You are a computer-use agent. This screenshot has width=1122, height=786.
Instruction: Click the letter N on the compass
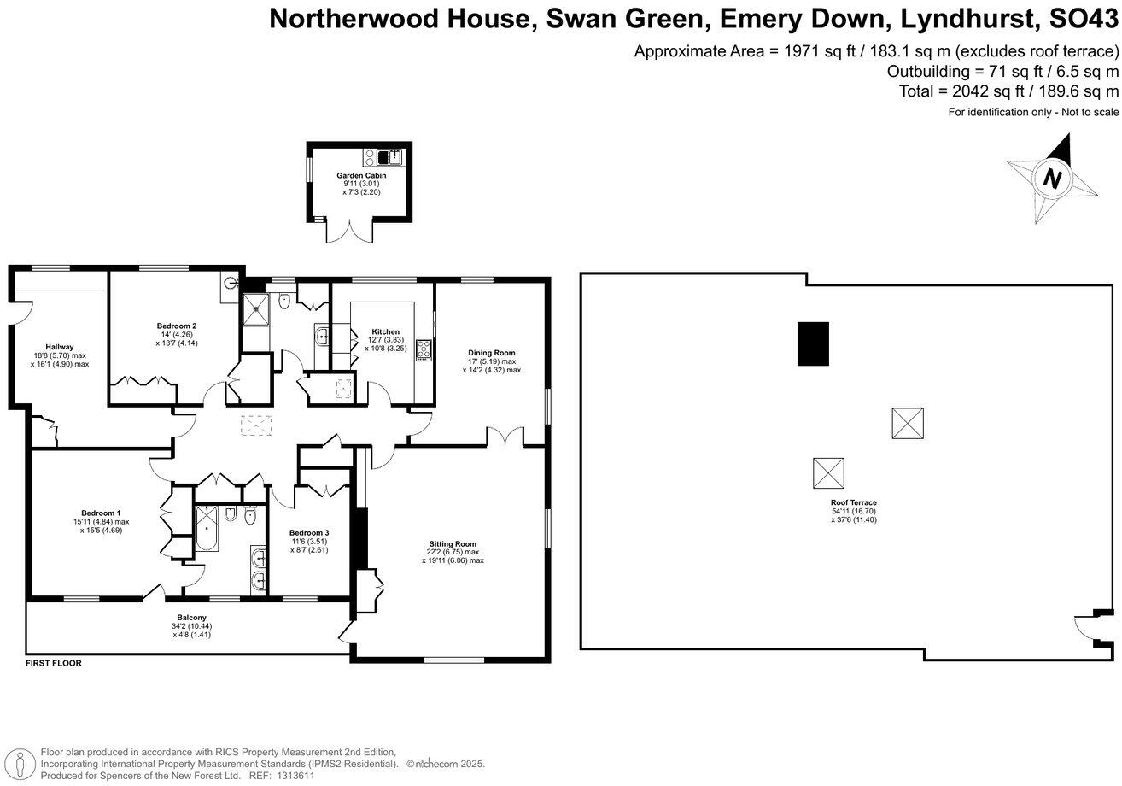point(1053,179)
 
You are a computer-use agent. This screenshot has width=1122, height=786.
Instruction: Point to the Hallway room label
point(59,347)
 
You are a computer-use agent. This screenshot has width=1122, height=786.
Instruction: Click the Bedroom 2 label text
point(177,326)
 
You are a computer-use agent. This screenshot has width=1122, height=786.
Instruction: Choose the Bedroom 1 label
point(101,513)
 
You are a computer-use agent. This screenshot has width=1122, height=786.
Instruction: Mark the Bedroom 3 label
point(308,532)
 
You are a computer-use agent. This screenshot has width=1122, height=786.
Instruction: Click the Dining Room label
point(491,353)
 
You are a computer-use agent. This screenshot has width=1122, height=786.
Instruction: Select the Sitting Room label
point(453,543)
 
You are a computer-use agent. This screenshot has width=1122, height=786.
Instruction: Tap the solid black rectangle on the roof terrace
point(812,343)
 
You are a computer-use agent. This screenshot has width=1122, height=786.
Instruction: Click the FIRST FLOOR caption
point(54,663)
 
